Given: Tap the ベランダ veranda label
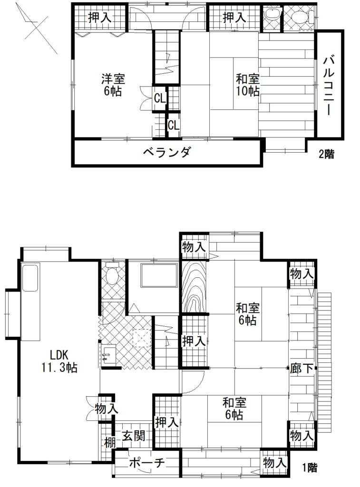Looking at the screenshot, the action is click(x=167, y=152).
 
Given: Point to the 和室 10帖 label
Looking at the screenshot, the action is click(x=248, y=85).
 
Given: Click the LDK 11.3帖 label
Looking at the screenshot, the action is click(x=59, y=360).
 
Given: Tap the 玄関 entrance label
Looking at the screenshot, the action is click(x=133, y=436).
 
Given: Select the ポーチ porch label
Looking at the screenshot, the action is click(x=146, y=463).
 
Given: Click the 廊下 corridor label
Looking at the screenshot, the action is click(x=302, y=369).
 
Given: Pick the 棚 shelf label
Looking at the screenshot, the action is click(x=109, y=442).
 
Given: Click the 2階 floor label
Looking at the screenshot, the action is click(x=326, y=154).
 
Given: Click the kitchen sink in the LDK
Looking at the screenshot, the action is click(x=30, y=277).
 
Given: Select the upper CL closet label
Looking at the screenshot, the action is click(x=160, y=99).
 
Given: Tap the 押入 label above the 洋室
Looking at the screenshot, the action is click(x=100, y=18).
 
